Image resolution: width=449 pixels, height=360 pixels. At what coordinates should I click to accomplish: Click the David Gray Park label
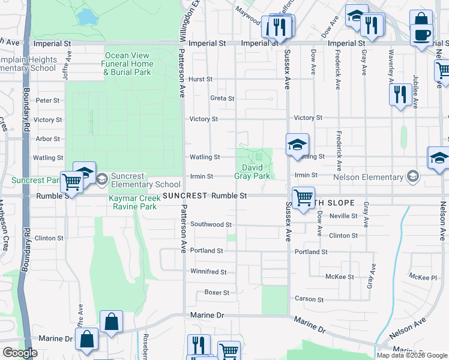click(256, 172)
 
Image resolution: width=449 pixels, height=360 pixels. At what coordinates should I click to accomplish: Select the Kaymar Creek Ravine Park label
click(133, 202)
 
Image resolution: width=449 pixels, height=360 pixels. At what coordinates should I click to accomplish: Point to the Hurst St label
click(200, 79)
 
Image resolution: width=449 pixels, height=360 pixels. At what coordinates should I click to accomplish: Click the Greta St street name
click(221, 98)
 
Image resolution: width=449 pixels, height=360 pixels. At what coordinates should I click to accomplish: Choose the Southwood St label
click(211, 224)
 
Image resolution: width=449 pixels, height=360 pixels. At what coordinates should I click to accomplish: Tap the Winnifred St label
click(208, 272)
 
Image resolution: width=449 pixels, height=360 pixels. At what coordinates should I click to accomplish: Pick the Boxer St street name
click(217, 293)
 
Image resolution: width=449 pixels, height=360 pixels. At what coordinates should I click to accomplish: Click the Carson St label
click(309, 299)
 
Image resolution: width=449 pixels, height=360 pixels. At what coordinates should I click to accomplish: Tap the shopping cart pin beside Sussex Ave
click(303, 197)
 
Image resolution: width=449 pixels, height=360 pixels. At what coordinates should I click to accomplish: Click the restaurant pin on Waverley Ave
click(400, 94)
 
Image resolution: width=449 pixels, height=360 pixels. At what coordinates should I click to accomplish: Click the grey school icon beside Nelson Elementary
click(412, 176)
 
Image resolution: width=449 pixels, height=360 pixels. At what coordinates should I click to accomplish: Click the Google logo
click(20, 353)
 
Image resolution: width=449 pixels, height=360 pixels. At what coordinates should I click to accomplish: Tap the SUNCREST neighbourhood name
click(184, 196)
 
